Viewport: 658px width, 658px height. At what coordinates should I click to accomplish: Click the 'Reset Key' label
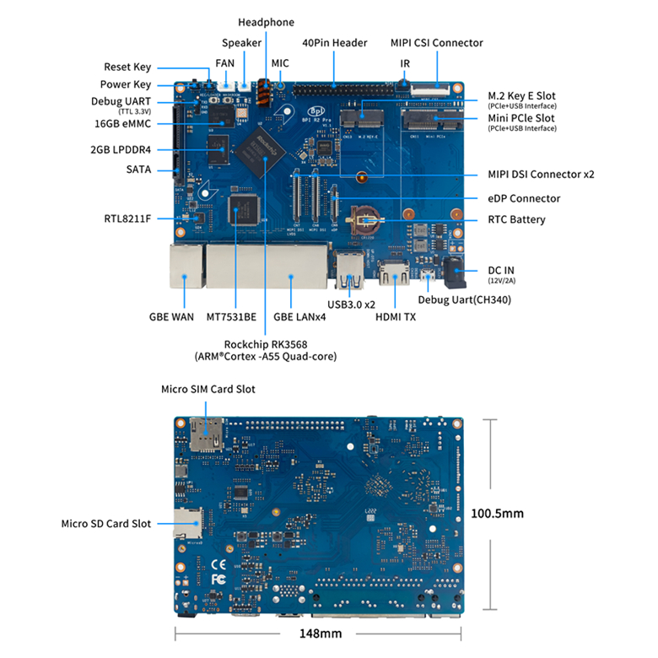coord(127,67)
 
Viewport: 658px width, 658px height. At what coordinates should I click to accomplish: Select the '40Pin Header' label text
coord(335,42)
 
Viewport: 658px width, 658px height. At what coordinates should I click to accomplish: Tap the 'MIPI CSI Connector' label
coord(436,42)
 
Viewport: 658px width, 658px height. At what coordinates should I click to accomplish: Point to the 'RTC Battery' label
coord(516,219)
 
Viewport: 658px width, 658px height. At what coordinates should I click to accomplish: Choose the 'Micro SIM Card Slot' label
coord(208,389)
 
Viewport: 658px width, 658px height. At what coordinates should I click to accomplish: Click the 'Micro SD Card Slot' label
coord(106,523)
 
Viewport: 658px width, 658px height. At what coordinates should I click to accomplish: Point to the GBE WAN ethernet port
coord(183,265)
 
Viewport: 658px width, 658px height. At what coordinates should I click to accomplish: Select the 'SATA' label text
coord(138,170)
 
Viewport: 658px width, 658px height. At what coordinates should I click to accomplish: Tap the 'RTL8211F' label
coord(127,219)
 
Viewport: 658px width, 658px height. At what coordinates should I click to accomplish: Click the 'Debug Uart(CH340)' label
coord(465,299)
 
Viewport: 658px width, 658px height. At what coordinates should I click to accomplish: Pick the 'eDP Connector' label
coord(523,198)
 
